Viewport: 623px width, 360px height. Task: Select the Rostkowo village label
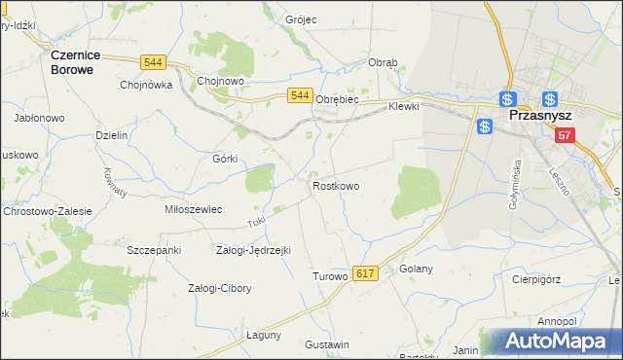pyautogui.click(x=336, y=186)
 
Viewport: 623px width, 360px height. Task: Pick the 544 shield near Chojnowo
pyautogui.click(x=152, y=62)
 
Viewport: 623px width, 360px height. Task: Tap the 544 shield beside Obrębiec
pyautogui.click(x=300, y=95)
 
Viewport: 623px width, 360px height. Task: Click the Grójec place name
pyautogui.click(x=301, y=19)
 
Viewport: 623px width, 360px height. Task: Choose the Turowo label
pyautogui.click(x=329, y=276)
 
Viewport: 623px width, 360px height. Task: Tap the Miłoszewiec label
pyautogui.click(x=194, y=209)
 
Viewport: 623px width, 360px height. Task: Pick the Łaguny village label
pyautogui.click(x=264, y=334)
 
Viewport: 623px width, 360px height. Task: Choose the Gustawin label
pyautogui.click(x=327, y=345)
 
